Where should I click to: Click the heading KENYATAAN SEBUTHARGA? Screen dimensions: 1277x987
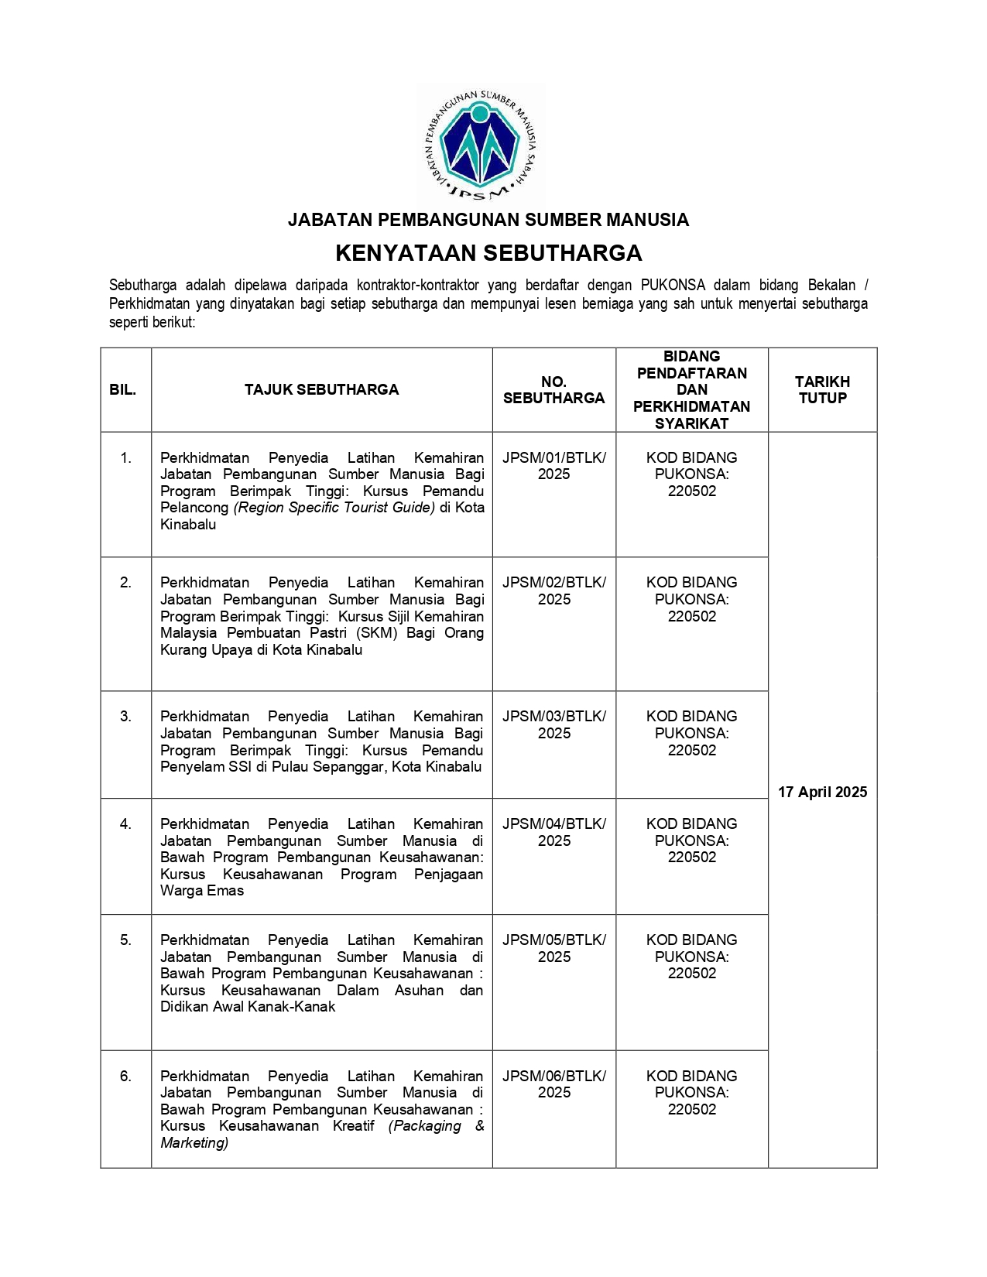coord(488,253)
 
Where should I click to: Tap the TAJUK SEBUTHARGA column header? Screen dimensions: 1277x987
coord(321,389)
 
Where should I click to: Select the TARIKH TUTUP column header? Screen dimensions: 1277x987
coord(822,389)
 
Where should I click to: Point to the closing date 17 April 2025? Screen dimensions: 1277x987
coord(822,792)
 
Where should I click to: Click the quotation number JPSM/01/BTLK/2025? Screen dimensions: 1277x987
coord(553,466)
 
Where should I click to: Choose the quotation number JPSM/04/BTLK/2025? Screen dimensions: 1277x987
coord(553,832)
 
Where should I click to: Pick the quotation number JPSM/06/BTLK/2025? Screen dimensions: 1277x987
coord(553,1084)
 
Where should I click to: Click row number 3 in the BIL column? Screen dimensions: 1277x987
coord(125,717)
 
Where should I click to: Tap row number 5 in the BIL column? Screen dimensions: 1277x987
coord(125,940)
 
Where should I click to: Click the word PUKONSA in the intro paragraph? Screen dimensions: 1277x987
coord(673,285)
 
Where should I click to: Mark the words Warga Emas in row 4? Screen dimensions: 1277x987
coord(202,891)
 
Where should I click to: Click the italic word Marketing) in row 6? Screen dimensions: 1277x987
coord(194,1143)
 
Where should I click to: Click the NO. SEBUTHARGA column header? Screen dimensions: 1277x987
coord(553,389)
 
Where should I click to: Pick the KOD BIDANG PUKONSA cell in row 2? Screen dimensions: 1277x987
coord(691,599)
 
